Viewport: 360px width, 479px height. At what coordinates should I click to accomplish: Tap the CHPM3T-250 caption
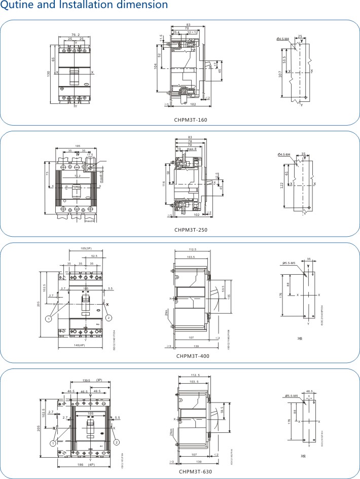(x=191, y=230)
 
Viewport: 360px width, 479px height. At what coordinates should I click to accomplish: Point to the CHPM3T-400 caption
(x=193, y=356)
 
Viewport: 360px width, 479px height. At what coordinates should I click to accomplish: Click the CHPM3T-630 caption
(x=195, y=472)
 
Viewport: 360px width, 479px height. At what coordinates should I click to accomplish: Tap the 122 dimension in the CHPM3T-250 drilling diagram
(x=282, y=186)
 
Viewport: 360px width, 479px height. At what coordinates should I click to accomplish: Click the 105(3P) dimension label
(x=86, y=249)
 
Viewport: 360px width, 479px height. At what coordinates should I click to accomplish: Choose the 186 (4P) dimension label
(x=85, y=464)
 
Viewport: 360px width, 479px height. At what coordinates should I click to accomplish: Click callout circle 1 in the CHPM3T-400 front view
(x=49, y=318)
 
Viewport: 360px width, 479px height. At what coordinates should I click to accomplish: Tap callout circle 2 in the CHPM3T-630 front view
(x=117, y=442)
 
